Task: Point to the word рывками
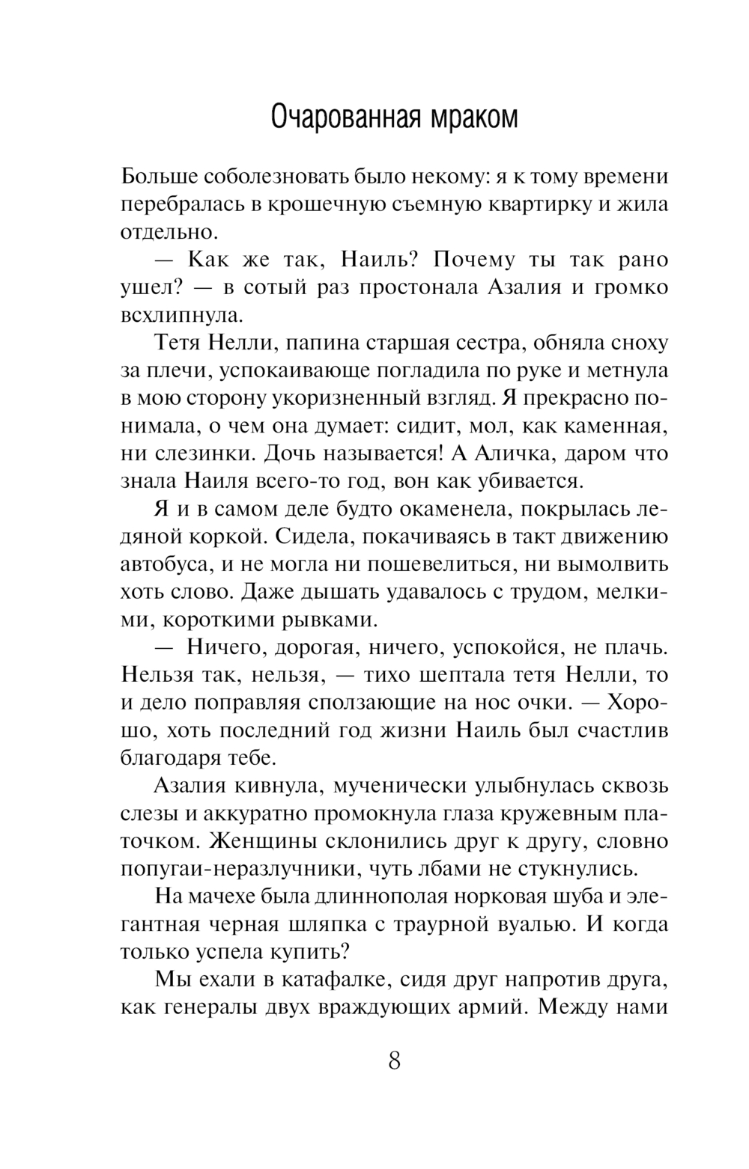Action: point(327,620)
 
